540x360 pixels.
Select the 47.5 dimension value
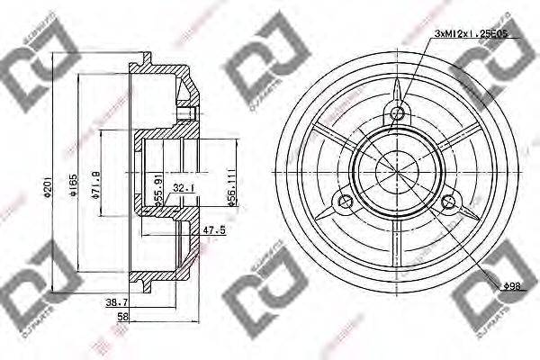pyautogui.click(x=213, y=229)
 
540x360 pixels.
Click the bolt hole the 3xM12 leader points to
pyautogui.click(x=397, y=114)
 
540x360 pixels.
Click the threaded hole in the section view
pyautogui.click(x=187, y=112)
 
